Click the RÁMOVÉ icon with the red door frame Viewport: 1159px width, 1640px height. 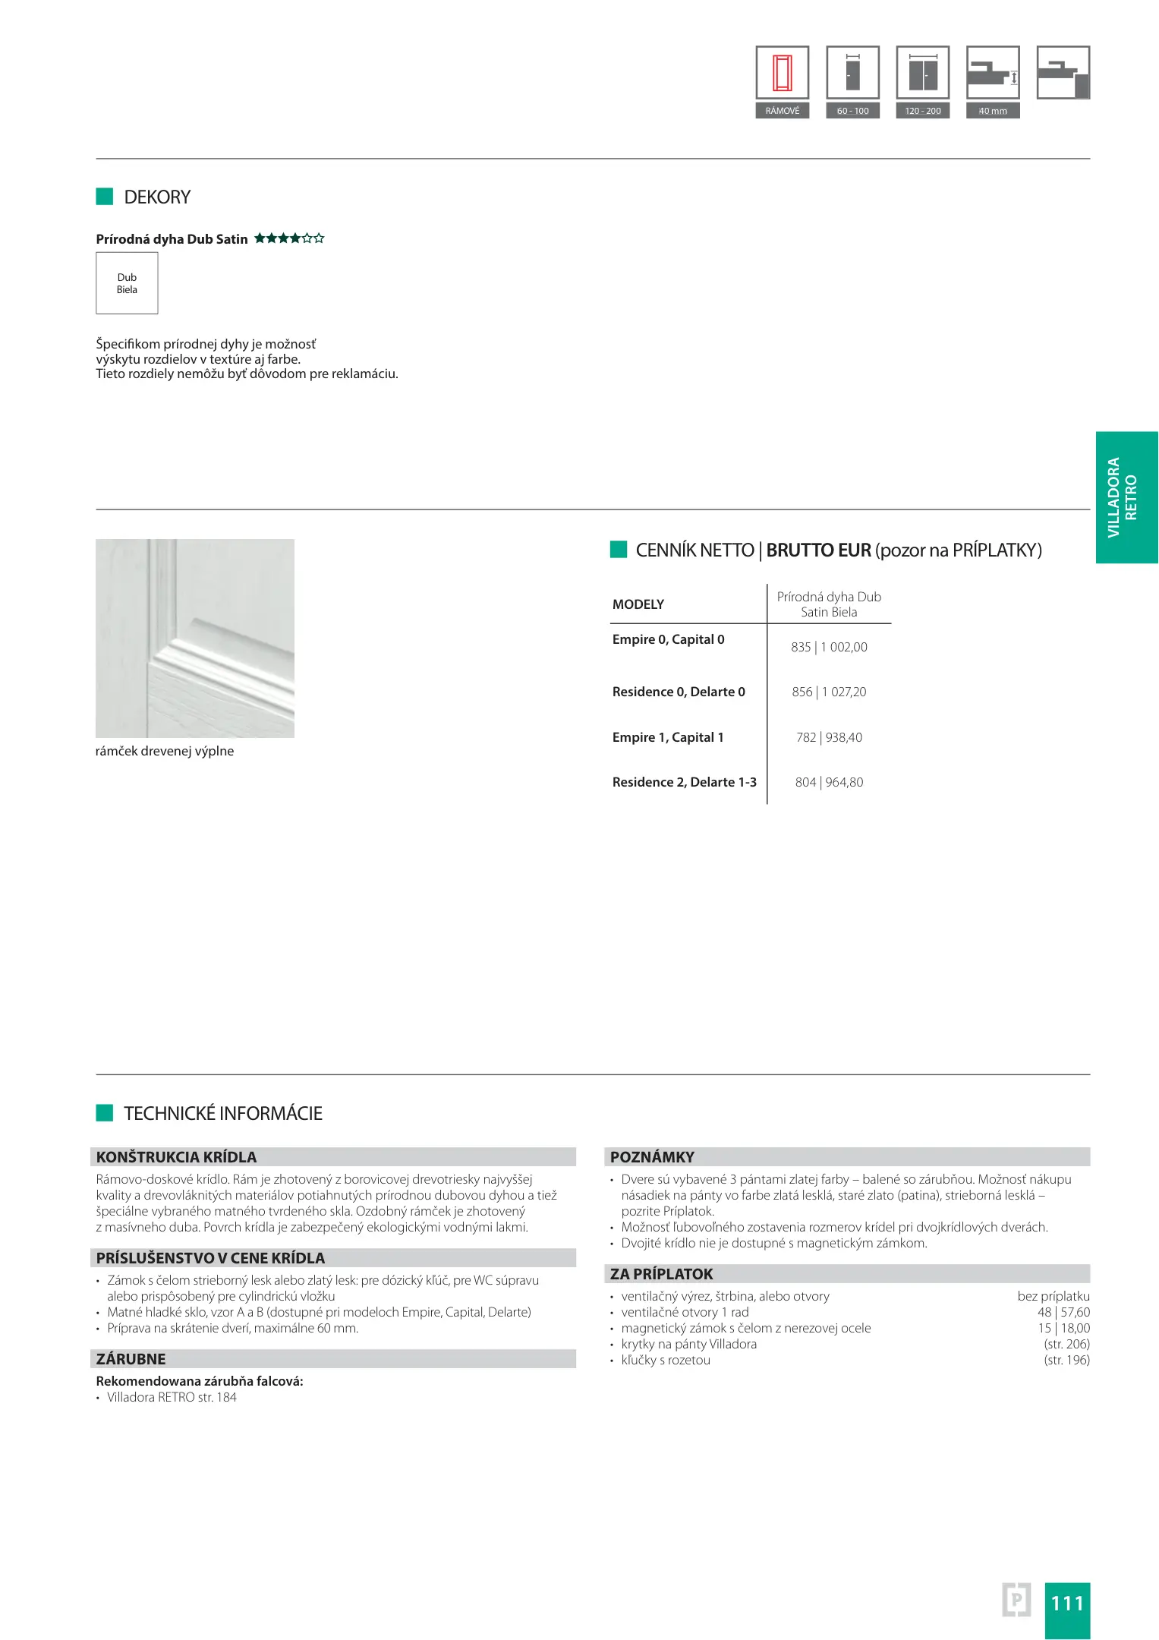point(782,73)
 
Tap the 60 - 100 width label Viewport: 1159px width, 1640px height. point(852,111)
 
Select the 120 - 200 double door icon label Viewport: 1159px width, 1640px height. point(922,111)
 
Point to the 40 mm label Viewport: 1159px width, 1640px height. point(992,111)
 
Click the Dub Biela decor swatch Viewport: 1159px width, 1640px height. point(127,283)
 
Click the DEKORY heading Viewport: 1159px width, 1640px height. point(157,197)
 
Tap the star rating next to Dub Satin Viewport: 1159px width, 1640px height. point(289,238)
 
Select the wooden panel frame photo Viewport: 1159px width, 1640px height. point(195,638)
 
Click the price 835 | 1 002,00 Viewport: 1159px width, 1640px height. point(829,647)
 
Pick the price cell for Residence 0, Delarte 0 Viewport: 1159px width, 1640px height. point(829,692)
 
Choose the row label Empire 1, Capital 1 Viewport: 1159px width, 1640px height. point(668,737)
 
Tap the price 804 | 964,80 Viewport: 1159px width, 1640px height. point(829,782)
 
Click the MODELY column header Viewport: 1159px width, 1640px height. point(638,604)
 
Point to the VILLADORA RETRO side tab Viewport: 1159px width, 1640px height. point(1126,497)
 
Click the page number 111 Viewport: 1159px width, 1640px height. point(1066,1603)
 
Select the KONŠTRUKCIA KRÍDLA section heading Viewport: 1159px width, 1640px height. point(177,1157)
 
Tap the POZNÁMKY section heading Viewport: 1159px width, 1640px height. point(653,1157)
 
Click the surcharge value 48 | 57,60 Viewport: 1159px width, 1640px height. point(1063,1312)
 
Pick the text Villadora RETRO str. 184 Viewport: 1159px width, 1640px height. point(172,1397)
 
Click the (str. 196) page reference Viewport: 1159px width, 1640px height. point(1066,1360)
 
